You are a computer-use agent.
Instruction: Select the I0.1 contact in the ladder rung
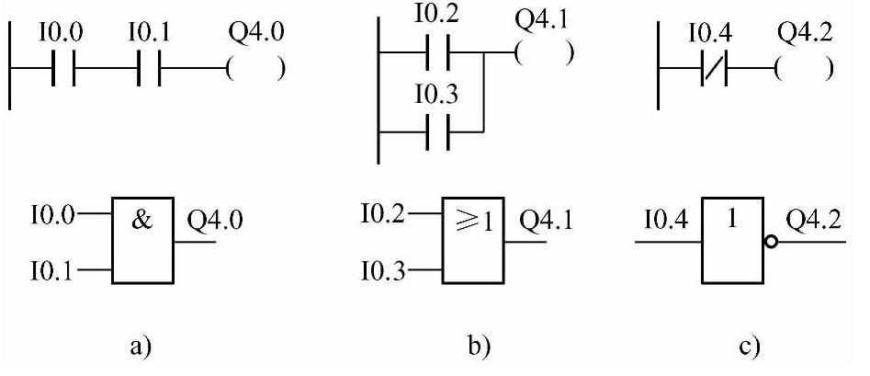click(x=149, y=69)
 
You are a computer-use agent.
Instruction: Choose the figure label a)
click(x=142, y=347)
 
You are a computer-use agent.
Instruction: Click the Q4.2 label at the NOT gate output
click(x=813, y=222)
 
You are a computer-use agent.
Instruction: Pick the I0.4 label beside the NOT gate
click(x=665, y=222)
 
